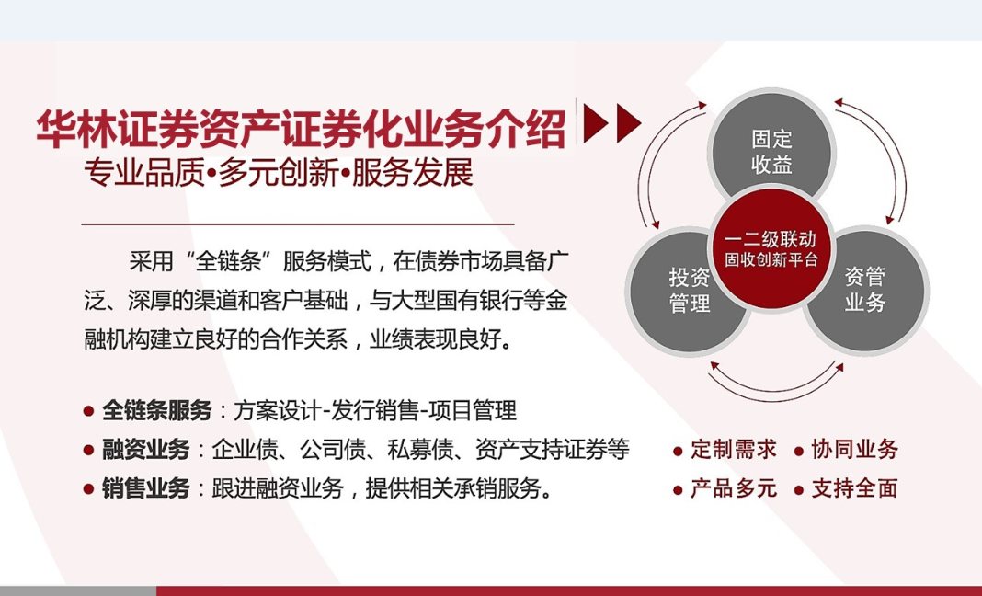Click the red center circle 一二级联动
coord(771,249)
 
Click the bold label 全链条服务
coord(156,410)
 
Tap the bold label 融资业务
coord(146,450)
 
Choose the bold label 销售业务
coord(146,488)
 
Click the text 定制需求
coord(734,450)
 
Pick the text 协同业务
coord(855,450)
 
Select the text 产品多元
coord(734,488)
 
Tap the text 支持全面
coord(855,488)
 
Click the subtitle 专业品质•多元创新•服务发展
coord(279,172)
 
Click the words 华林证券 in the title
coord(117,129)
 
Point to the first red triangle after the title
coord(595,123)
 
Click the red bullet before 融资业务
coord(88,451)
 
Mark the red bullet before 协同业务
coord(798,452)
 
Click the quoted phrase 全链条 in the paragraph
coord(228,260)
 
